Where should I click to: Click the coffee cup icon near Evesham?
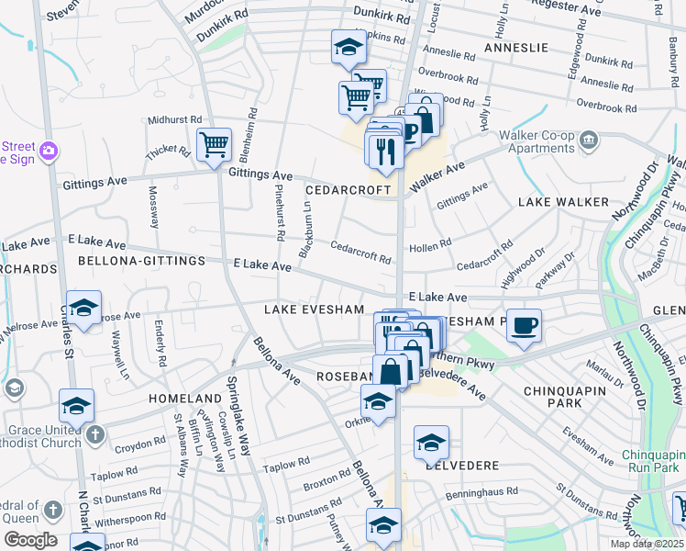(x=524, y=326)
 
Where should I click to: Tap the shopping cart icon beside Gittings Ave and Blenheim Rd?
(x=213, y=143)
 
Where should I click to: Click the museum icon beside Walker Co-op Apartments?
(x=588, y=141)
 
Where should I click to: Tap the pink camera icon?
(x=49, y=149)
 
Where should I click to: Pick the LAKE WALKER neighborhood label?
(x=563, y=201)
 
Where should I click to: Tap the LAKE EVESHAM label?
(x=315, y=310)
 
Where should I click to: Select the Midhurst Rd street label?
(x=173, y=120)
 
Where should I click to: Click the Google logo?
(x=30, y=540)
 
